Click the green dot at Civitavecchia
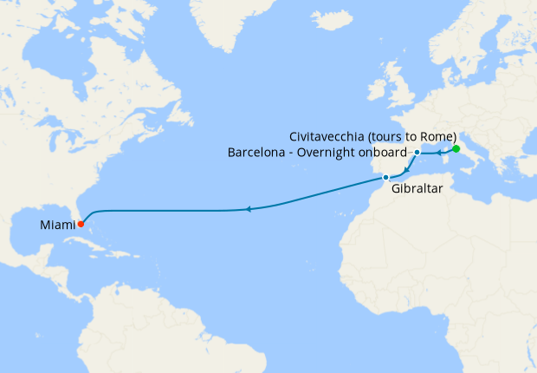[x=456, y=148]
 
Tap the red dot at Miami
[x=81, y=224]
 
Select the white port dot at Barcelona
[x=417, y=153]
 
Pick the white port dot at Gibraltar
[x=385, y=177]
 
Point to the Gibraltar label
[x=417, y=187]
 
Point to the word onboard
[x=392, y=154]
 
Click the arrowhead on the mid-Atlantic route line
[x=248, y=209]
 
